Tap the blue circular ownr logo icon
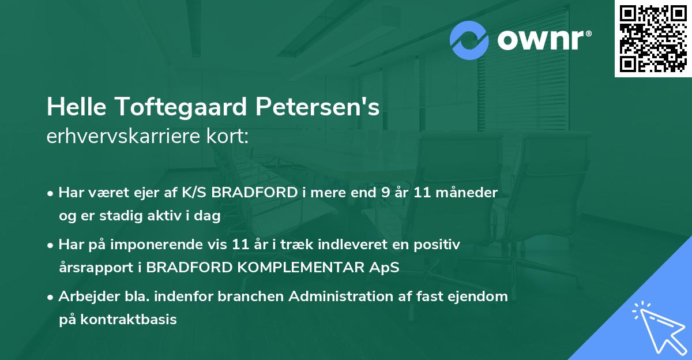click(469, 40)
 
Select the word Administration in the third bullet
click(348, 297)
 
